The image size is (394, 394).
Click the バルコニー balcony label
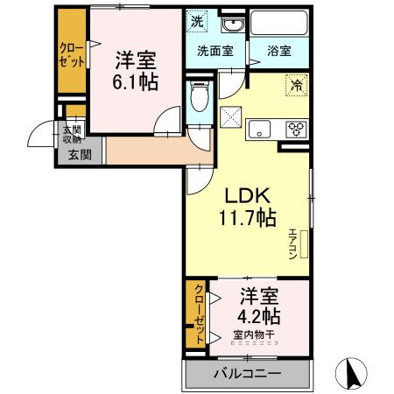click(x=248, y=374)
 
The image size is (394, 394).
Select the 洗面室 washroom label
click(x=215, y=51)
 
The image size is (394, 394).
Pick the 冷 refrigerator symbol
click(x=296, y=87)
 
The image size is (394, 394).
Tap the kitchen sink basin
click(x=260, y=130)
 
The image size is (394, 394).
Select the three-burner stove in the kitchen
click(x=296, y=130)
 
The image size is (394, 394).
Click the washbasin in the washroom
click(x=230, y=23)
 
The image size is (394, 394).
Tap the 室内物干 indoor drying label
click(x=254, y=334)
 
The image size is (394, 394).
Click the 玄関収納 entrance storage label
click(x=70, y=134)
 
